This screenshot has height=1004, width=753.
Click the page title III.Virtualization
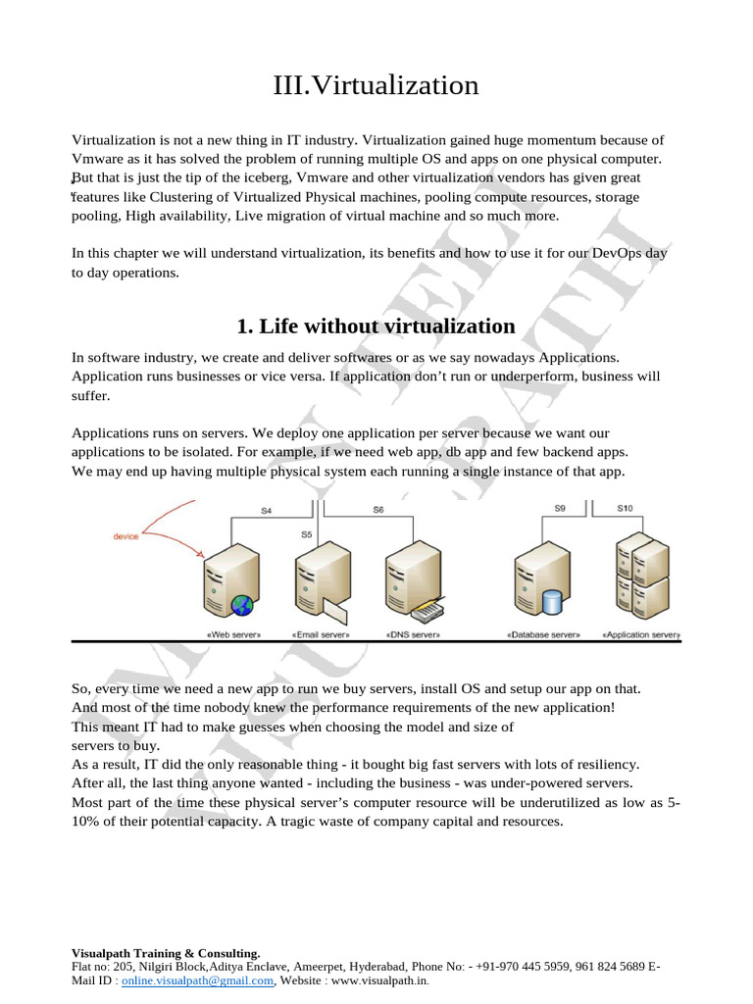coord(376,86)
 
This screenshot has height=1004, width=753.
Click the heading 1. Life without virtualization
coord(376,326)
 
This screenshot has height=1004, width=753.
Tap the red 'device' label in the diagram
coord(126,536)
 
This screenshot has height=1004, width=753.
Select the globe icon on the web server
coord(241,606)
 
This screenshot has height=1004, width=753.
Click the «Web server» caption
coord(233,635)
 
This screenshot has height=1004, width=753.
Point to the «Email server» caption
coord(321,635)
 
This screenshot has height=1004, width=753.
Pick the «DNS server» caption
coord(413,635)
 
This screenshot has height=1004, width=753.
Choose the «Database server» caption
coord(543,635)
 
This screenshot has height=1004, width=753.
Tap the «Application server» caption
coord(640,635)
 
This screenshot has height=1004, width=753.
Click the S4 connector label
coord(266,510)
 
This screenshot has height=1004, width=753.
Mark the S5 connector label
coord(307,535)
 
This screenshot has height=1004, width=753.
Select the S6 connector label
coord(378,510)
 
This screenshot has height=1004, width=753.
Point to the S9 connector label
coord(560,509)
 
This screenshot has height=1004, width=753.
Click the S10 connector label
coord(626,509)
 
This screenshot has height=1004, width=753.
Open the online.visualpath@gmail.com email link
coord(198,979)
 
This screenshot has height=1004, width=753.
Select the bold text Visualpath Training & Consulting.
coord(166,953)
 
